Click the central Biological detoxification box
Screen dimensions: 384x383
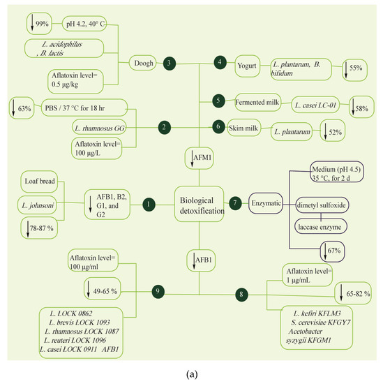(200, 203)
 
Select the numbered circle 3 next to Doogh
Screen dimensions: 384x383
(169, 64)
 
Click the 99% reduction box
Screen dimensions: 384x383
(36, 22)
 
